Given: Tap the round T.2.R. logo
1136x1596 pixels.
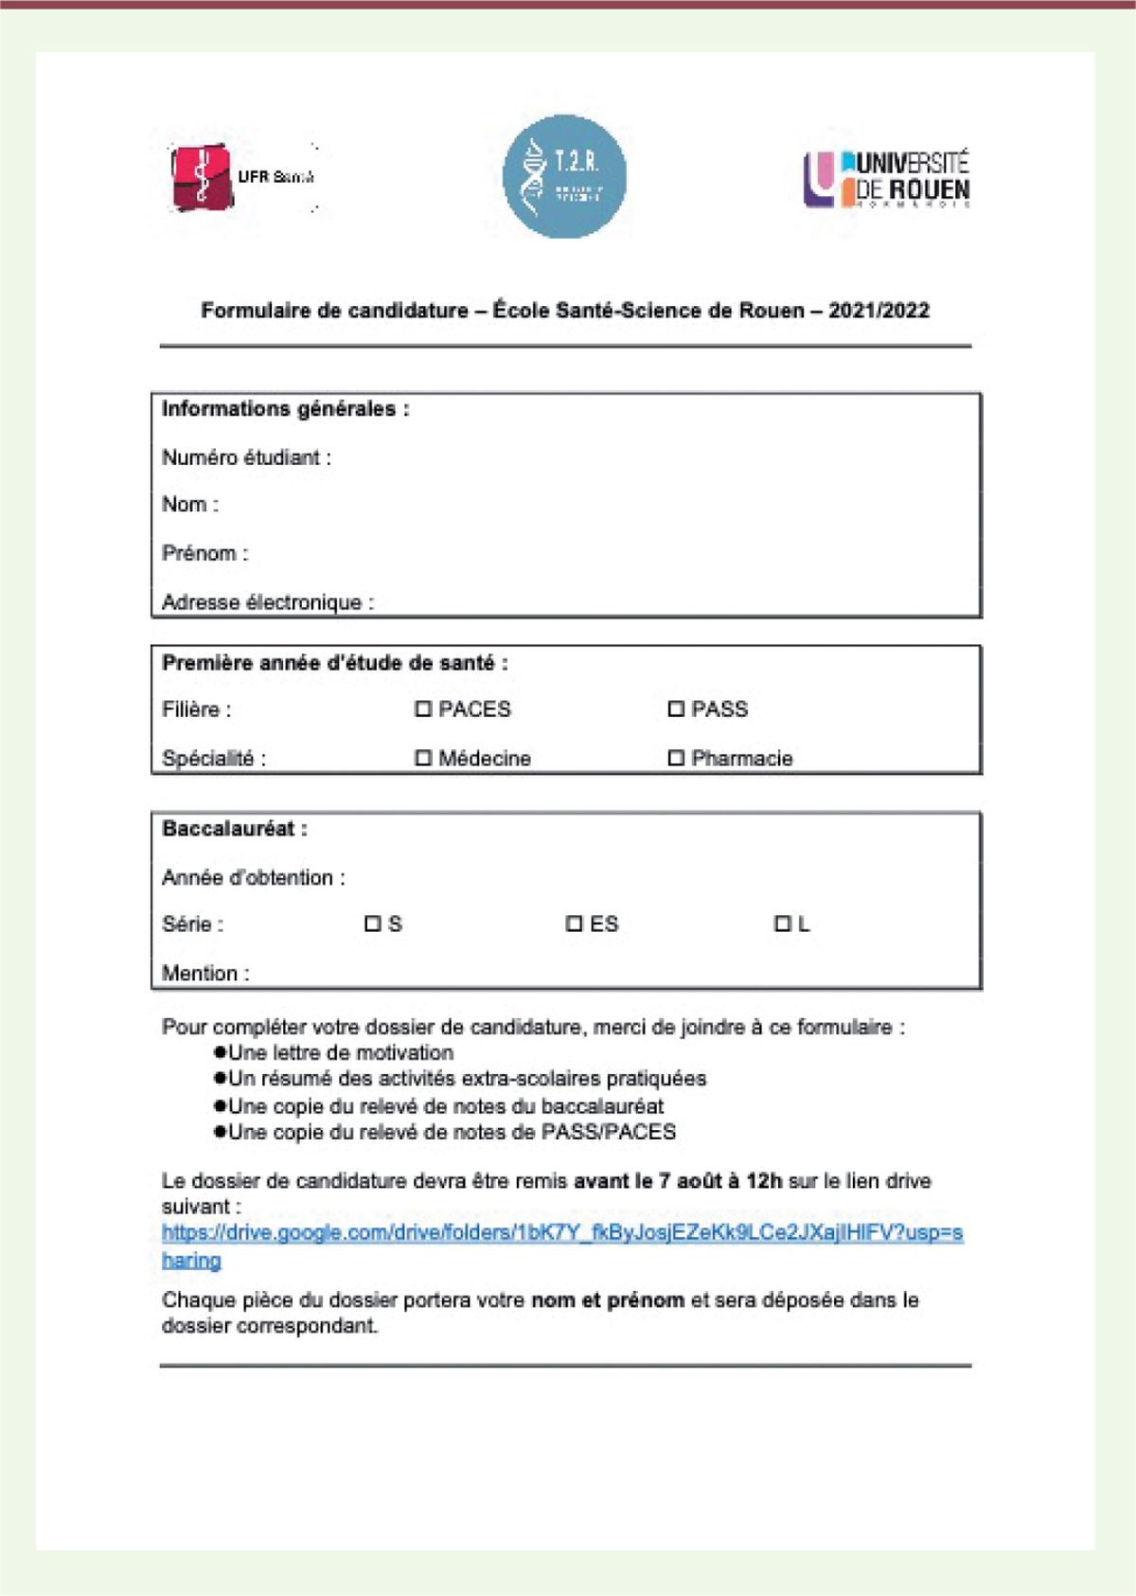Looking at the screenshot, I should [564, 176].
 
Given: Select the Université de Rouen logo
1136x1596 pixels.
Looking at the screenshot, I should [887, 178].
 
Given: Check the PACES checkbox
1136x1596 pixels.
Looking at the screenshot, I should [423, 708].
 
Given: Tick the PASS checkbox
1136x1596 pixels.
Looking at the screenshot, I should [676, 708].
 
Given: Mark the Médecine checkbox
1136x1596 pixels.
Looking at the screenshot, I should [423, 758].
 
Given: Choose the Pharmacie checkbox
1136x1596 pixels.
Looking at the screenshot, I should [676, 758].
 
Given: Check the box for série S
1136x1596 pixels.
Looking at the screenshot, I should [373, 924].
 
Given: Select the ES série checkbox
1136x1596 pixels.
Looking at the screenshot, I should [574, 924].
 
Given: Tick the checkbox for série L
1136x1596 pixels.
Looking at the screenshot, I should [783, 924].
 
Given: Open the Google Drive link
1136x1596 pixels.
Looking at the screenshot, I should [561, 1233].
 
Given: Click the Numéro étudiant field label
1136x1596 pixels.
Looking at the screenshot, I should [246, 457].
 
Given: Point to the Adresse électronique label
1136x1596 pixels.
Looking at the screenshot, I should [267, 602].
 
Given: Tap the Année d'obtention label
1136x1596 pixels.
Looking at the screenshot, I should [253, 878].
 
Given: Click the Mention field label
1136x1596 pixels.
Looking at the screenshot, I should [205, 973].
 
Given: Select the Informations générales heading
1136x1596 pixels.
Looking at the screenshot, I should [285, 409].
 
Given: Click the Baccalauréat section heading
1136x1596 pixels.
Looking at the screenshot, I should [235, 829].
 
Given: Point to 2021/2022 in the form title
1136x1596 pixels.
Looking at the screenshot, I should [879, 311].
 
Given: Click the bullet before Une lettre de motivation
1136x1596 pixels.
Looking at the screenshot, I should [221, 1052].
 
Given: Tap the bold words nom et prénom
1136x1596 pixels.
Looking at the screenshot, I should [608, 1300].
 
